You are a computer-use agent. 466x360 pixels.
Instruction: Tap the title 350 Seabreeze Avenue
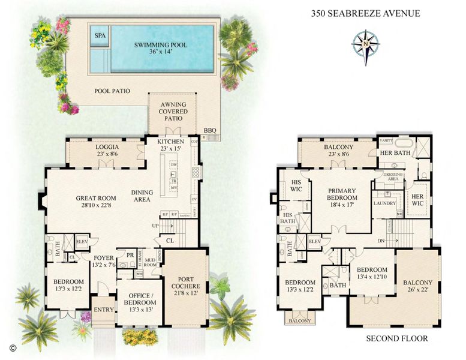click(x=365, y=13)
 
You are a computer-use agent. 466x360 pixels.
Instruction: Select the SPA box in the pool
click(x=99, y=35)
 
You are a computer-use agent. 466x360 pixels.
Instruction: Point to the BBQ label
click(x=209, y=130)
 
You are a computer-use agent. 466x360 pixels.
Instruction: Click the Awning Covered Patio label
click(x=172, y=111)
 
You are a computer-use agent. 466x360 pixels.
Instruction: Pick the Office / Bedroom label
click(x=139, y=298)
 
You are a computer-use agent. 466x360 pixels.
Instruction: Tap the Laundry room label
click(x=384, y=203)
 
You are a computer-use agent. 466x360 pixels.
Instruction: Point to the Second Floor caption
click(x=397, y=338)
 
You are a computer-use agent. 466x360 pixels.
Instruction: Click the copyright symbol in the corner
click(x=12, y=347)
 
